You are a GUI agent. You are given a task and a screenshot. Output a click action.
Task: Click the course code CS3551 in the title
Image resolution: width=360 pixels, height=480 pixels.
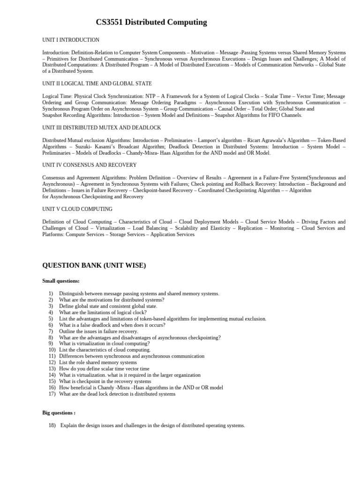click(111, 22)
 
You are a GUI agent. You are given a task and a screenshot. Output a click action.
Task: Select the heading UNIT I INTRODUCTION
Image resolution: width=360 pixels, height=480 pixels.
click(71, 40)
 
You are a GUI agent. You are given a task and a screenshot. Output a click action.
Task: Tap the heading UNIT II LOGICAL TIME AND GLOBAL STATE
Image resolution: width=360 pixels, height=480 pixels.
click(97, 83)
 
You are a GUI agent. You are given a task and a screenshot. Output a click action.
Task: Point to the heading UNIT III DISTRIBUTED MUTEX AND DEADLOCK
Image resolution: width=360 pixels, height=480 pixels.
click(102, 127)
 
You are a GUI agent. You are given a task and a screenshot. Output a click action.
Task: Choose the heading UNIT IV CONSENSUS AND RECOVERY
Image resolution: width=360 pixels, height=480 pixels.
click(90, 165)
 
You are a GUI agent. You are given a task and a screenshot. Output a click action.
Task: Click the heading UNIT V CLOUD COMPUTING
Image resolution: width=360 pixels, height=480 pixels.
click(77, 209)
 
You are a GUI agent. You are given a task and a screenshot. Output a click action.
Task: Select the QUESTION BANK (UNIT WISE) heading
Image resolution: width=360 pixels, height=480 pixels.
click(94, 266)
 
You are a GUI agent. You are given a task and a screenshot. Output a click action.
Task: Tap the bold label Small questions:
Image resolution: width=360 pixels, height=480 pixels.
click(61, 281)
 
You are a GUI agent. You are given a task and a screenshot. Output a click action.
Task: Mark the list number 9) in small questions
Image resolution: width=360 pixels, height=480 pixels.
click(51, 343)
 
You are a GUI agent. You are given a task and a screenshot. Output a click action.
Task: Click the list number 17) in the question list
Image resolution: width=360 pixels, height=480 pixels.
click(51, 394)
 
